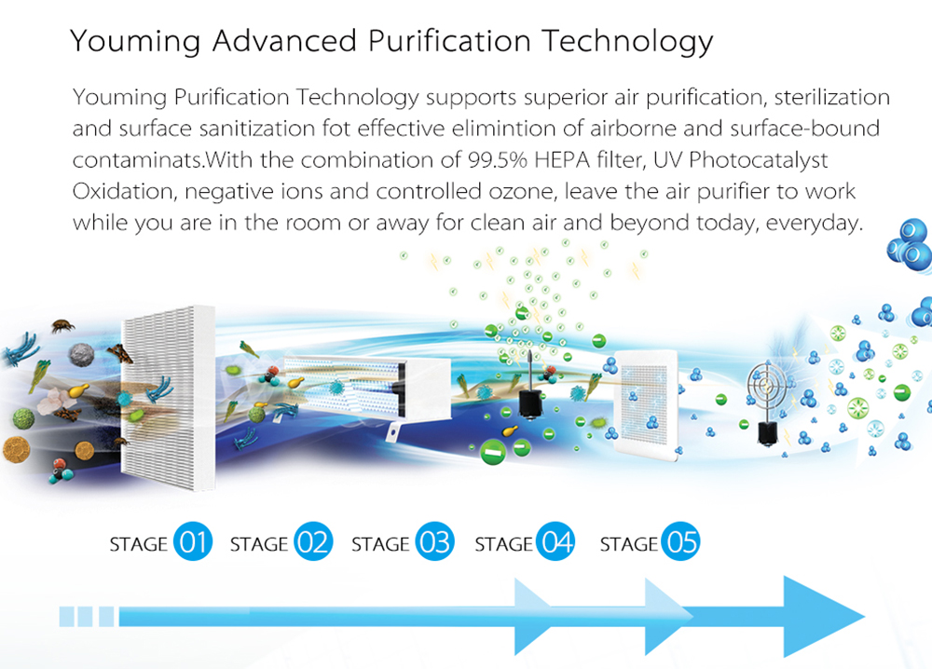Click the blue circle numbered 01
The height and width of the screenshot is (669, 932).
193,541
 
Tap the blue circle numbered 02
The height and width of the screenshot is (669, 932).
313,541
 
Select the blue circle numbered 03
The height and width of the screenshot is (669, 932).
434,541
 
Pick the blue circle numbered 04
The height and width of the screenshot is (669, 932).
555,541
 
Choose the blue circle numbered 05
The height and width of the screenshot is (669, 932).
680,541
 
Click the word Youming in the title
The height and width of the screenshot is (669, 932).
135,42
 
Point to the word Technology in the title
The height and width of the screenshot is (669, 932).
627,42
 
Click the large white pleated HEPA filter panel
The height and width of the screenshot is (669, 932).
169,397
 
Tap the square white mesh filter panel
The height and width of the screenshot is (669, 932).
646,406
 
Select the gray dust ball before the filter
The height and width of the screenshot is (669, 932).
82,355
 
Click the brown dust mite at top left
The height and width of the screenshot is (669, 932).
62,325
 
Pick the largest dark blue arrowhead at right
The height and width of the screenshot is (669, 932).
823,616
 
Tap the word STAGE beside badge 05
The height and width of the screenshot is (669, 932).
629,544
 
